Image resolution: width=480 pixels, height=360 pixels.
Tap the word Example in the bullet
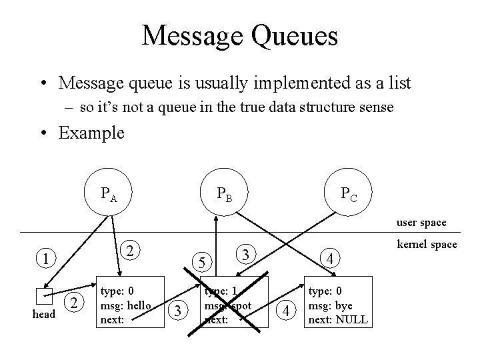[91, 133]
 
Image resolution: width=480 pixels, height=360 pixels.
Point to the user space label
[421, 222]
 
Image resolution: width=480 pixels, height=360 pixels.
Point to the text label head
[44, 313]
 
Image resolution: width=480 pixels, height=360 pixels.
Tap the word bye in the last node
[345, 305]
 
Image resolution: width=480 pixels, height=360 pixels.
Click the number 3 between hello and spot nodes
[176, 309]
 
